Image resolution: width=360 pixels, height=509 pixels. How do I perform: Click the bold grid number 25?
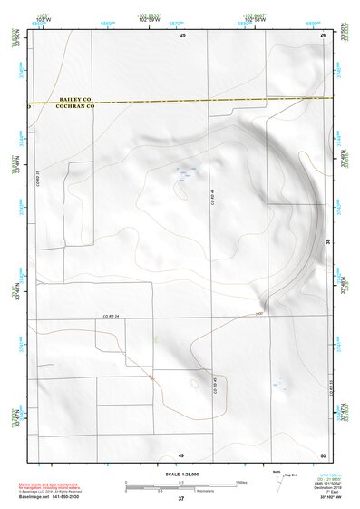click(181, 34)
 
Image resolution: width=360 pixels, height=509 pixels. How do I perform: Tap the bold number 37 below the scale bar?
click(180, 499)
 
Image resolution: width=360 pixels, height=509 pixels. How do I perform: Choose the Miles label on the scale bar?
click(240, 482)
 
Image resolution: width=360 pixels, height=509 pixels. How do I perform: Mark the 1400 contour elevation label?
click(258, 313)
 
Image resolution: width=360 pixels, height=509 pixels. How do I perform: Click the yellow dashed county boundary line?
click(181, 100)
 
